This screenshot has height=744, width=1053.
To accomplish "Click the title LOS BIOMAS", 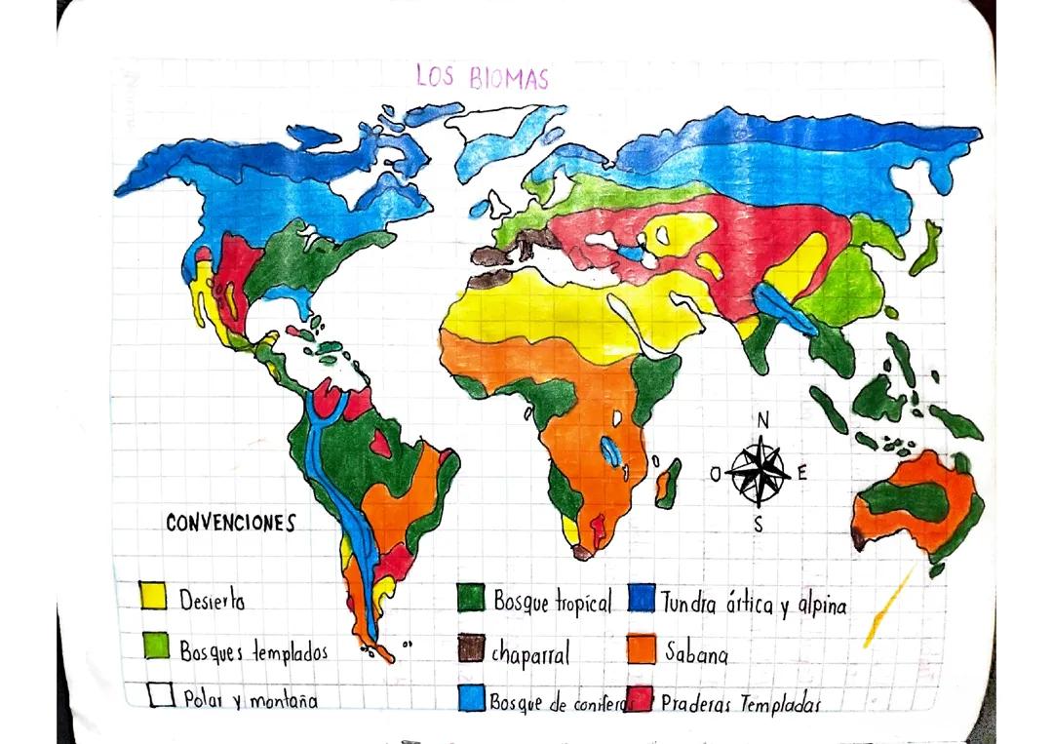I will (482, 77).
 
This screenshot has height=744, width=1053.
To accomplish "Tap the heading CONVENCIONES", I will (230, 524).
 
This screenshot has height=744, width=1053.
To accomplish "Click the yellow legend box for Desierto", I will (153, 596).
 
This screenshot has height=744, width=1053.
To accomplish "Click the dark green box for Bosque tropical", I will (472, 599).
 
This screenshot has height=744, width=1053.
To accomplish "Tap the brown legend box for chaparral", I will (472, 648).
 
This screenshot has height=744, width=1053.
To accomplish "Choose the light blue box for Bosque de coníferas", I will (472, 697).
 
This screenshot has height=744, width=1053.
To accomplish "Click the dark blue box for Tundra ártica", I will (641, 599).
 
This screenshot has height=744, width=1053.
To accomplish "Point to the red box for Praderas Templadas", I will (641, 699).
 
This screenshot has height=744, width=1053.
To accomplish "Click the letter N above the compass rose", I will (762, 420).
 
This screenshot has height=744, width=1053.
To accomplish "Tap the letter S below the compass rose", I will (759, 525).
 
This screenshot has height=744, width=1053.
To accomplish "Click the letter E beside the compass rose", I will (802, 475).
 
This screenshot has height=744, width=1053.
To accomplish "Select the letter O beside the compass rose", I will (716, 474).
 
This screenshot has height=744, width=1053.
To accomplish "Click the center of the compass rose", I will (760, 472).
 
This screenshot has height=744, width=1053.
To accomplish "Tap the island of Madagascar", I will (668, 485).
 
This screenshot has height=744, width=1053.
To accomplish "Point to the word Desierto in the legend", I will (212, 600).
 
